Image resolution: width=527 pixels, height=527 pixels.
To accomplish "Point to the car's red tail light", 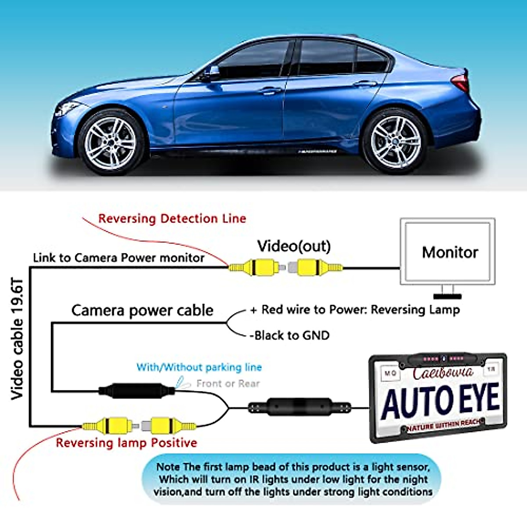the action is click(x=461, y=82).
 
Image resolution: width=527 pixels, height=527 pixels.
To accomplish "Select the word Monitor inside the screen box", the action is click(x=450, y=253).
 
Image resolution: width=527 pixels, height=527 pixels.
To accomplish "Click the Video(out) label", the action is click(x=294, y=246).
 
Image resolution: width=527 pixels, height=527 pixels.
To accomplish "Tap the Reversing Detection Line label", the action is click(x=172, y=219).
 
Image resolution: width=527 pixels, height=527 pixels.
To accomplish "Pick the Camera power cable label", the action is click(x=142, y=310).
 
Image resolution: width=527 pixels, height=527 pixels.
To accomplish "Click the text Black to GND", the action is click(x=290, y=336).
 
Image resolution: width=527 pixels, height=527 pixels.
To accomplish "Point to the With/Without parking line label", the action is click(x=199, y=367).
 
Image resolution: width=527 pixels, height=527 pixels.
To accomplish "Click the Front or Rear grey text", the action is click(x=228, y=383).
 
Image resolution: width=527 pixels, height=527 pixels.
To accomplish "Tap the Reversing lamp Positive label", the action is click(x=126, y=443).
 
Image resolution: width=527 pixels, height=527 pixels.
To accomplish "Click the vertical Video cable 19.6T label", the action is click(x=17, y=338).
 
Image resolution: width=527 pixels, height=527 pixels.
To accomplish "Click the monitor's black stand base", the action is click(x=448, y=296).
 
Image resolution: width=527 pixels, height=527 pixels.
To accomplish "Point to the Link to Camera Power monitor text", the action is click(x=119, y=258).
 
